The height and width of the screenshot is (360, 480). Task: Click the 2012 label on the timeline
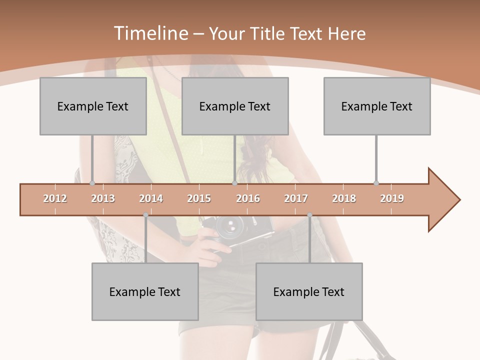coord(55,198)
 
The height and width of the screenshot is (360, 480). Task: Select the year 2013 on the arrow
coord(103,198)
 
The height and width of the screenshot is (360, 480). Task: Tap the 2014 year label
coord(151,198)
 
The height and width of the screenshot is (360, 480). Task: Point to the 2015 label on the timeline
coord(199,198)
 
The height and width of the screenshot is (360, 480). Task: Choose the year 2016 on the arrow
coord(248,198)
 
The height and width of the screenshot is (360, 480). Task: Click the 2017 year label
coord(296,198)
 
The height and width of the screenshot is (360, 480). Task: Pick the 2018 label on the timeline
coord(344,198)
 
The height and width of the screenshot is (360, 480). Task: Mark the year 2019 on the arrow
coord(392,198)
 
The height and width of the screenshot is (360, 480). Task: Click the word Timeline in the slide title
coord(150,33)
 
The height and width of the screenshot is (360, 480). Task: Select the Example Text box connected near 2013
coord(93,106)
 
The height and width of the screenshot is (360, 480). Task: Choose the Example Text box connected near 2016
coord(235,106)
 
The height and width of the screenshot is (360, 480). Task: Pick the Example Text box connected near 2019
coord(377,106)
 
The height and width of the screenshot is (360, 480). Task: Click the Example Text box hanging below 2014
coord(145,291)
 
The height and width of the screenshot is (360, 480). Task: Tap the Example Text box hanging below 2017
coord(309,291)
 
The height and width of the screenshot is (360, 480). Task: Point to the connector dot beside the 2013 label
coord(92,183)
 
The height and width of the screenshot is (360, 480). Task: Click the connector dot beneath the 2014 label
coord(145,215)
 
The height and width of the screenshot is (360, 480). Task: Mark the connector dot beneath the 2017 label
coord(309,215)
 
